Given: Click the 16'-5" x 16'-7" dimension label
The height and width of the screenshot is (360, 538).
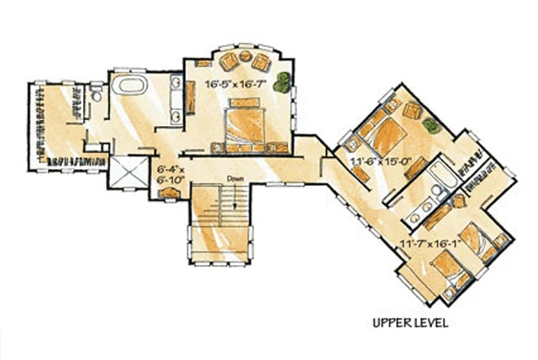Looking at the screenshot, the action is tap(235, 84).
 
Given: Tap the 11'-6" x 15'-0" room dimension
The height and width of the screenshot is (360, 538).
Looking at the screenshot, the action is tap(381, 161).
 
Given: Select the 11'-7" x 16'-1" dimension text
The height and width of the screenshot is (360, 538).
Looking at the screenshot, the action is tap(430, 243).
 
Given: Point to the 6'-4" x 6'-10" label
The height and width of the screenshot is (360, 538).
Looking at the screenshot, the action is tap(171, 174).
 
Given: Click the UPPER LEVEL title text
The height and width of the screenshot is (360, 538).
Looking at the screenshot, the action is tap(410, 323).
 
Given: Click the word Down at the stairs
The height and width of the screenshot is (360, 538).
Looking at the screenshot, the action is tap(235, 179).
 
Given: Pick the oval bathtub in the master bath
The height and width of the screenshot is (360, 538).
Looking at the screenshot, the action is tap(129, 84).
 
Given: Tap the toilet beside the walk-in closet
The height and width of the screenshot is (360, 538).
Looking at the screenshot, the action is tap(97, 93).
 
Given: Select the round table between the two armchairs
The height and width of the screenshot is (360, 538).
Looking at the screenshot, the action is tap(245, 56).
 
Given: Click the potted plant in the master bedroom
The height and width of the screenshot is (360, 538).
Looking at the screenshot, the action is tap(282, 82).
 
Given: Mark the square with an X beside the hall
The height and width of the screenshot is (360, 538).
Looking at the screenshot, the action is tap(129, 172).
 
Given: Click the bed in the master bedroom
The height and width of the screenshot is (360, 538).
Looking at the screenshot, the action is tap(245, 125).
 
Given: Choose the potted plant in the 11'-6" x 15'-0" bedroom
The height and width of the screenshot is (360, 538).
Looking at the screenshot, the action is tap(431, 125).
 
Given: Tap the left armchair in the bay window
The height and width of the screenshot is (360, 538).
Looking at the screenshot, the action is tap(229, 61).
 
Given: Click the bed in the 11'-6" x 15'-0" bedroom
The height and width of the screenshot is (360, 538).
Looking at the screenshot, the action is tap(383, 134).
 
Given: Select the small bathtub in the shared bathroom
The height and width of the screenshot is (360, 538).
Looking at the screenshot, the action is tap(442, 174).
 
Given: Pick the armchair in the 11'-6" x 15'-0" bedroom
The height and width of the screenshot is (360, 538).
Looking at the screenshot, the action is tap(412, 110).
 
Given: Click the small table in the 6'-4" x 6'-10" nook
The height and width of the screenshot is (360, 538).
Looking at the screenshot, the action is tap(170, 193).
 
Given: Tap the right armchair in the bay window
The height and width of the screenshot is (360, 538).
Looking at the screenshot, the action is tap(261, 62).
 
